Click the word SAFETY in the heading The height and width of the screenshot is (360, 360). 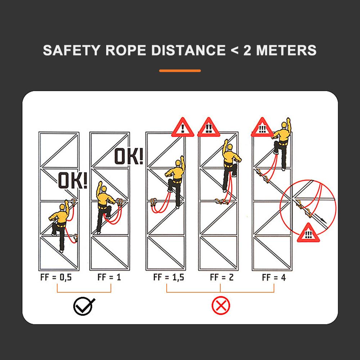pos(72,50)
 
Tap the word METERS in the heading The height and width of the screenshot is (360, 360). pos(286,50)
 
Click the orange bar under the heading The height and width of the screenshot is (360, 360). pos(180,71)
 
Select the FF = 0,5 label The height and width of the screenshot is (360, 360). pos(56,277)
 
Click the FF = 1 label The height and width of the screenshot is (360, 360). pos(109,277)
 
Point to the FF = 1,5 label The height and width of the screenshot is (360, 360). pos(169,277)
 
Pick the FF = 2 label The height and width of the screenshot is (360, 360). pos(222,277)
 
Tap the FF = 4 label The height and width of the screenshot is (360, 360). pos(274,277)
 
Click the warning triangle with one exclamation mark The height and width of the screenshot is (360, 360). pos(183,128)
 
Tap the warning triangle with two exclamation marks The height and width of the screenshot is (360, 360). pos(209,128)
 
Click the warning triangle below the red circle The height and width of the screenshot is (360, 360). pos(308,233)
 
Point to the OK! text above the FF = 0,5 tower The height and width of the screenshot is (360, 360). pos(73,180)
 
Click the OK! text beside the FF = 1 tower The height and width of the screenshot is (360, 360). pos(129,156)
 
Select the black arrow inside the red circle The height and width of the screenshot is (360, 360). pos(320,218)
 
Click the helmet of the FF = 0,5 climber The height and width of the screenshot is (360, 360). pos(62,207)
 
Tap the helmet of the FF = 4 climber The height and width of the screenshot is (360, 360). pos(284,125)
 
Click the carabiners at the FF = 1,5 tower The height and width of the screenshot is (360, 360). pos(153,202)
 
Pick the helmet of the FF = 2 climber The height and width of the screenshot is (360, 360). pos(230,147)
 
